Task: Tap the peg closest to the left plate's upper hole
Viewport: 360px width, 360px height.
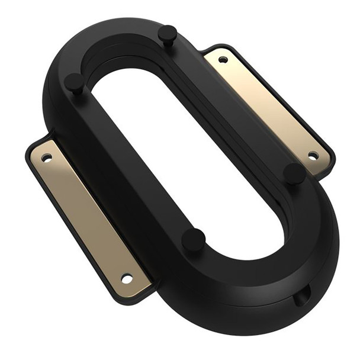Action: (75, 82)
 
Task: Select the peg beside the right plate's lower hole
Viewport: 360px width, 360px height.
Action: (294, 172)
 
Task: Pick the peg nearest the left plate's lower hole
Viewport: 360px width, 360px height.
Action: (193, 240)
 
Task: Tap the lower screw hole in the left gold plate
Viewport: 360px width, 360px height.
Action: (126, 278)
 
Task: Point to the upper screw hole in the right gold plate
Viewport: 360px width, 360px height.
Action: (223, 59)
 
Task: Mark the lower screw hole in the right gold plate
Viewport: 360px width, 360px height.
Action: (313, 156)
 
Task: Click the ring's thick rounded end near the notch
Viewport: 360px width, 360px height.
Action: (266, 284)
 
